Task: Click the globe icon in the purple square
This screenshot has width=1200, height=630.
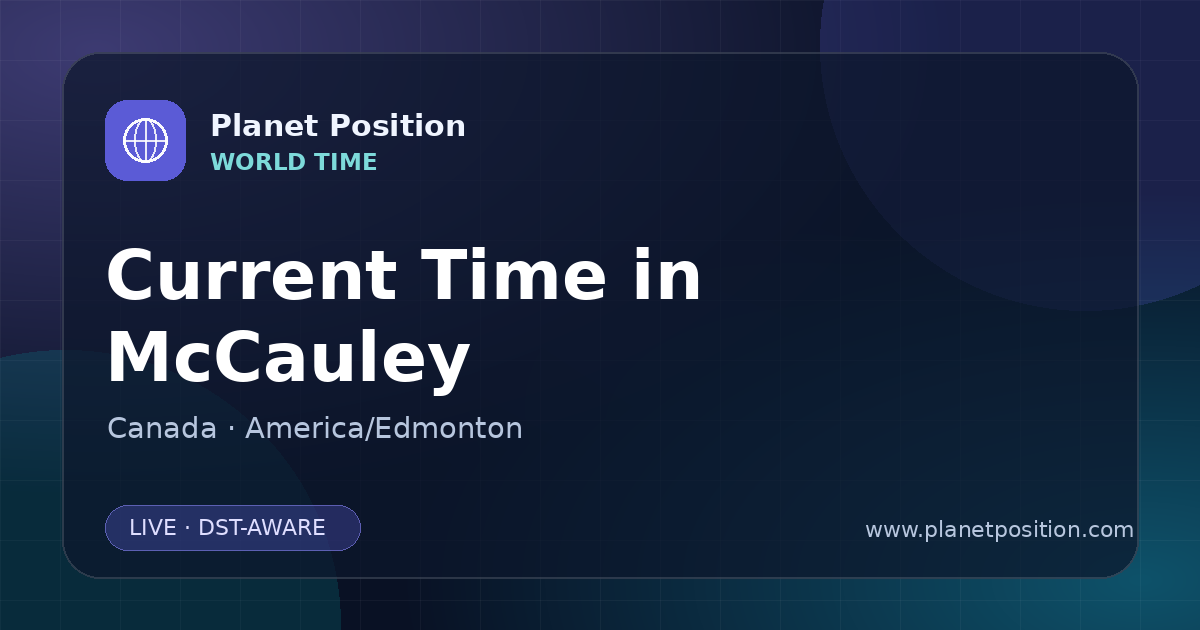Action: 145,140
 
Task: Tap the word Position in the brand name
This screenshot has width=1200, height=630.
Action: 398,126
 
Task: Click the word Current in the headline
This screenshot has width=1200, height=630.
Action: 252,275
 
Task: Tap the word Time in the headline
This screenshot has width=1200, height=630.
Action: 513,275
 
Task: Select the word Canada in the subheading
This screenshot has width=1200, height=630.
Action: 162,428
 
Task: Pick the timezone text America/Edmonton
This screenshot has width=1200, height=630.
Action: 384,428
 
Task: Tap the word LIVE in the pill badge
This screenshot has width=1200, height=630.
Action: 153,528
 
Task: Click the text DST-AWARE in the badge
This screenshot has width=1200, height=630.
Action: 261,528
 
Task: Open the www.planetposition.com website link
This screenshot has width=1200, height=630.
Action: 1000,530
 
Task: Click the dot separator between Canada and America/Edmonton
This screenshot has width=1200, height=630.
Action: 231,429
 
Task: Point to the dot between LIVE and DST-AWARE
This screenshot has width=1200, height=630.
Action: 187,528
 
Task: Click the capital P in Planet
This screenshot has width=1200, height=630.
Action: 220,126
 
